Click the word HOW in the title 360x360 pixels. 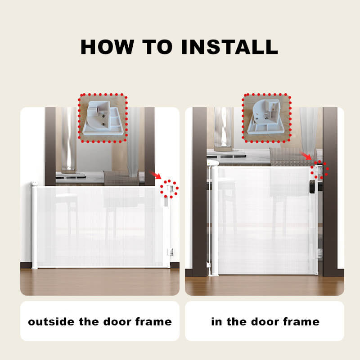[107, 47]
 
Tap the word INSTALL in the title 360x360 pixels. [229, 47]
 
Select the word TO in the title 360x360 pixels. [157, 47]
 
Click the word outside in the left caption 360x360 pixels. [51, 321]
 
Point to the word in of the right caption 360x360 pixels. [216, 321]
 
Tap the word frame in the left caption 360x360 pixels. [153, 321]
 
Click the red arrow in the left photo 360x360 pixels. [155, 175]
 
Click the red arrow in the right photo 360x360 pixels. [306, 156]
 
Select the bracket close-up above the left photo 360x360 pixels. [103, 118]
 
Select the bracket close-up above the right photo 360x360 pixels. [266, 118]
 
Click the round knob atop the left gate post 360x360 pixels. [34, 184]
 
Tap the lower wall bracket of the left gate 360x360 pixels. [171, 252]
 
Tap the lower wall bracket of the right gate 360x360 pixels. [319, 254]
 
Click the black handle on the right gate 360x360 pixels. [312, 187]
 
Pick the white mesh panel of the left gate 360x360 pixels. [100, 227]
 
